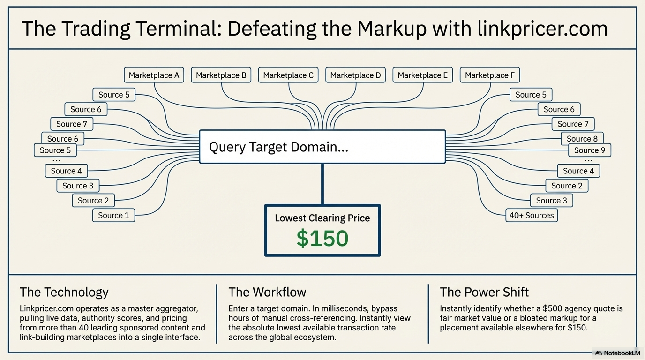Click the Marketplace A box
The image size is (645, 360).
[154, 75]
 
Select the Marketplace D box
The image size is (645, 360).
[355, 75]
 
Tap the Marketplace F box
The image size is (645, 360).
[490, 75]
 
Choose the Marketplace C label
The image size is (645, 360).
[288, 75]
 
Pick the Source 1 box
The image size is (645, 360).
[113, 215]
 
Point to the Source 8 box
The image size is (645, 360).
[582, 139]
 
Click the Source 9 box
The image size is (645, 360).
[590, 150]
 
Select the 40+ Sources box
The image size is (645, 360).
[532, 215]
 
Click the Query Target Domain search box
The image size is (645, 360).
[322, 147]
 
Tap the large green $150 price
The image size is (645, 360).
[322, 238]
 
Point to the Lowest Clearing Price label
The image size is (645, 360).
[322, 218]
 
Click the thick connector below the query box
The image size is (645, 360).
[322, 184]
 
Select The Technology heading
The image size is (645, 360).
[64, 292]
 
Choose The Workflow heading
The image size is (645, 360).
[267, 292]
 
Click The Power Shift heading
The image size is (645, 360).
[484, 292]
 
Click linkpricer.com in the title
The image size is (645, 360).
[542, 29]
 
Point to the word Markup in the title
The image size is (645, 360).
[392, 29]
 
